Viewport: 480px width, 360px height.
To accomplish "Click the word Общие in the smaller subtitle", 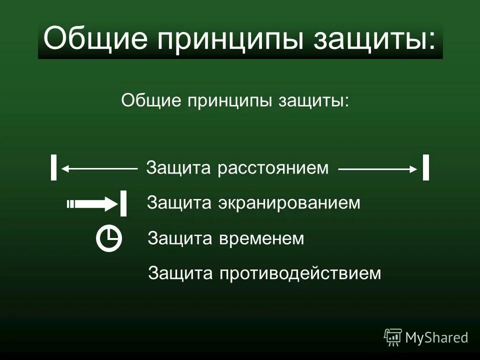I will point(150,100).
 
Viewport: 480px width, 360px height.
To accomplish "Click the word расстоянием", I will point(273,168).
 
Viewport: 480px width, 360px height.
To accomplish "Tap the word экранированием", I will point(289,203).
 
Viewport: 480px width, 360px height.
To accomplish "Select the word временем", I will point(261,238).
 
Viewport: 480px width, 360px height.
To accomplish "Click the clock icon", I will point(109,238).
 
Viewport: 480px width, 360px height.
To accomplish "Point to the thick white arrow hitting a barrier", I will point(92,203).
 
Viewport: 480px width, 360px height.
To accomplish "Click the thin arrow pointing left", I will point(99,169).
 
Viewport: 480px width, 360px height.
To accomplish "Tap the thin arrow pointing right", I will point(378,169).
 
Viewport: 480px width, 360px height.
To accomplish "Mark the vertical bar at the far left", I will point(53,167).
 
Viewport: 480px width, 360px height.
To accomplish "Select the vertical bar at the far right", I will point(425,167).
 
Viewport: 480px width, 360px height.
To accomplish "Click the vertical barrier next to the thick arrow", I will point(123,203).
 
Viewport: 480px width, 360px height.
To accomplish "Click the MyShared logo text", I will point(436,337).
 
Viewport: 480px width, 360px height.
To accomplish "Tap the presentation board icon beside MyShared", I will point(393,337).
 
